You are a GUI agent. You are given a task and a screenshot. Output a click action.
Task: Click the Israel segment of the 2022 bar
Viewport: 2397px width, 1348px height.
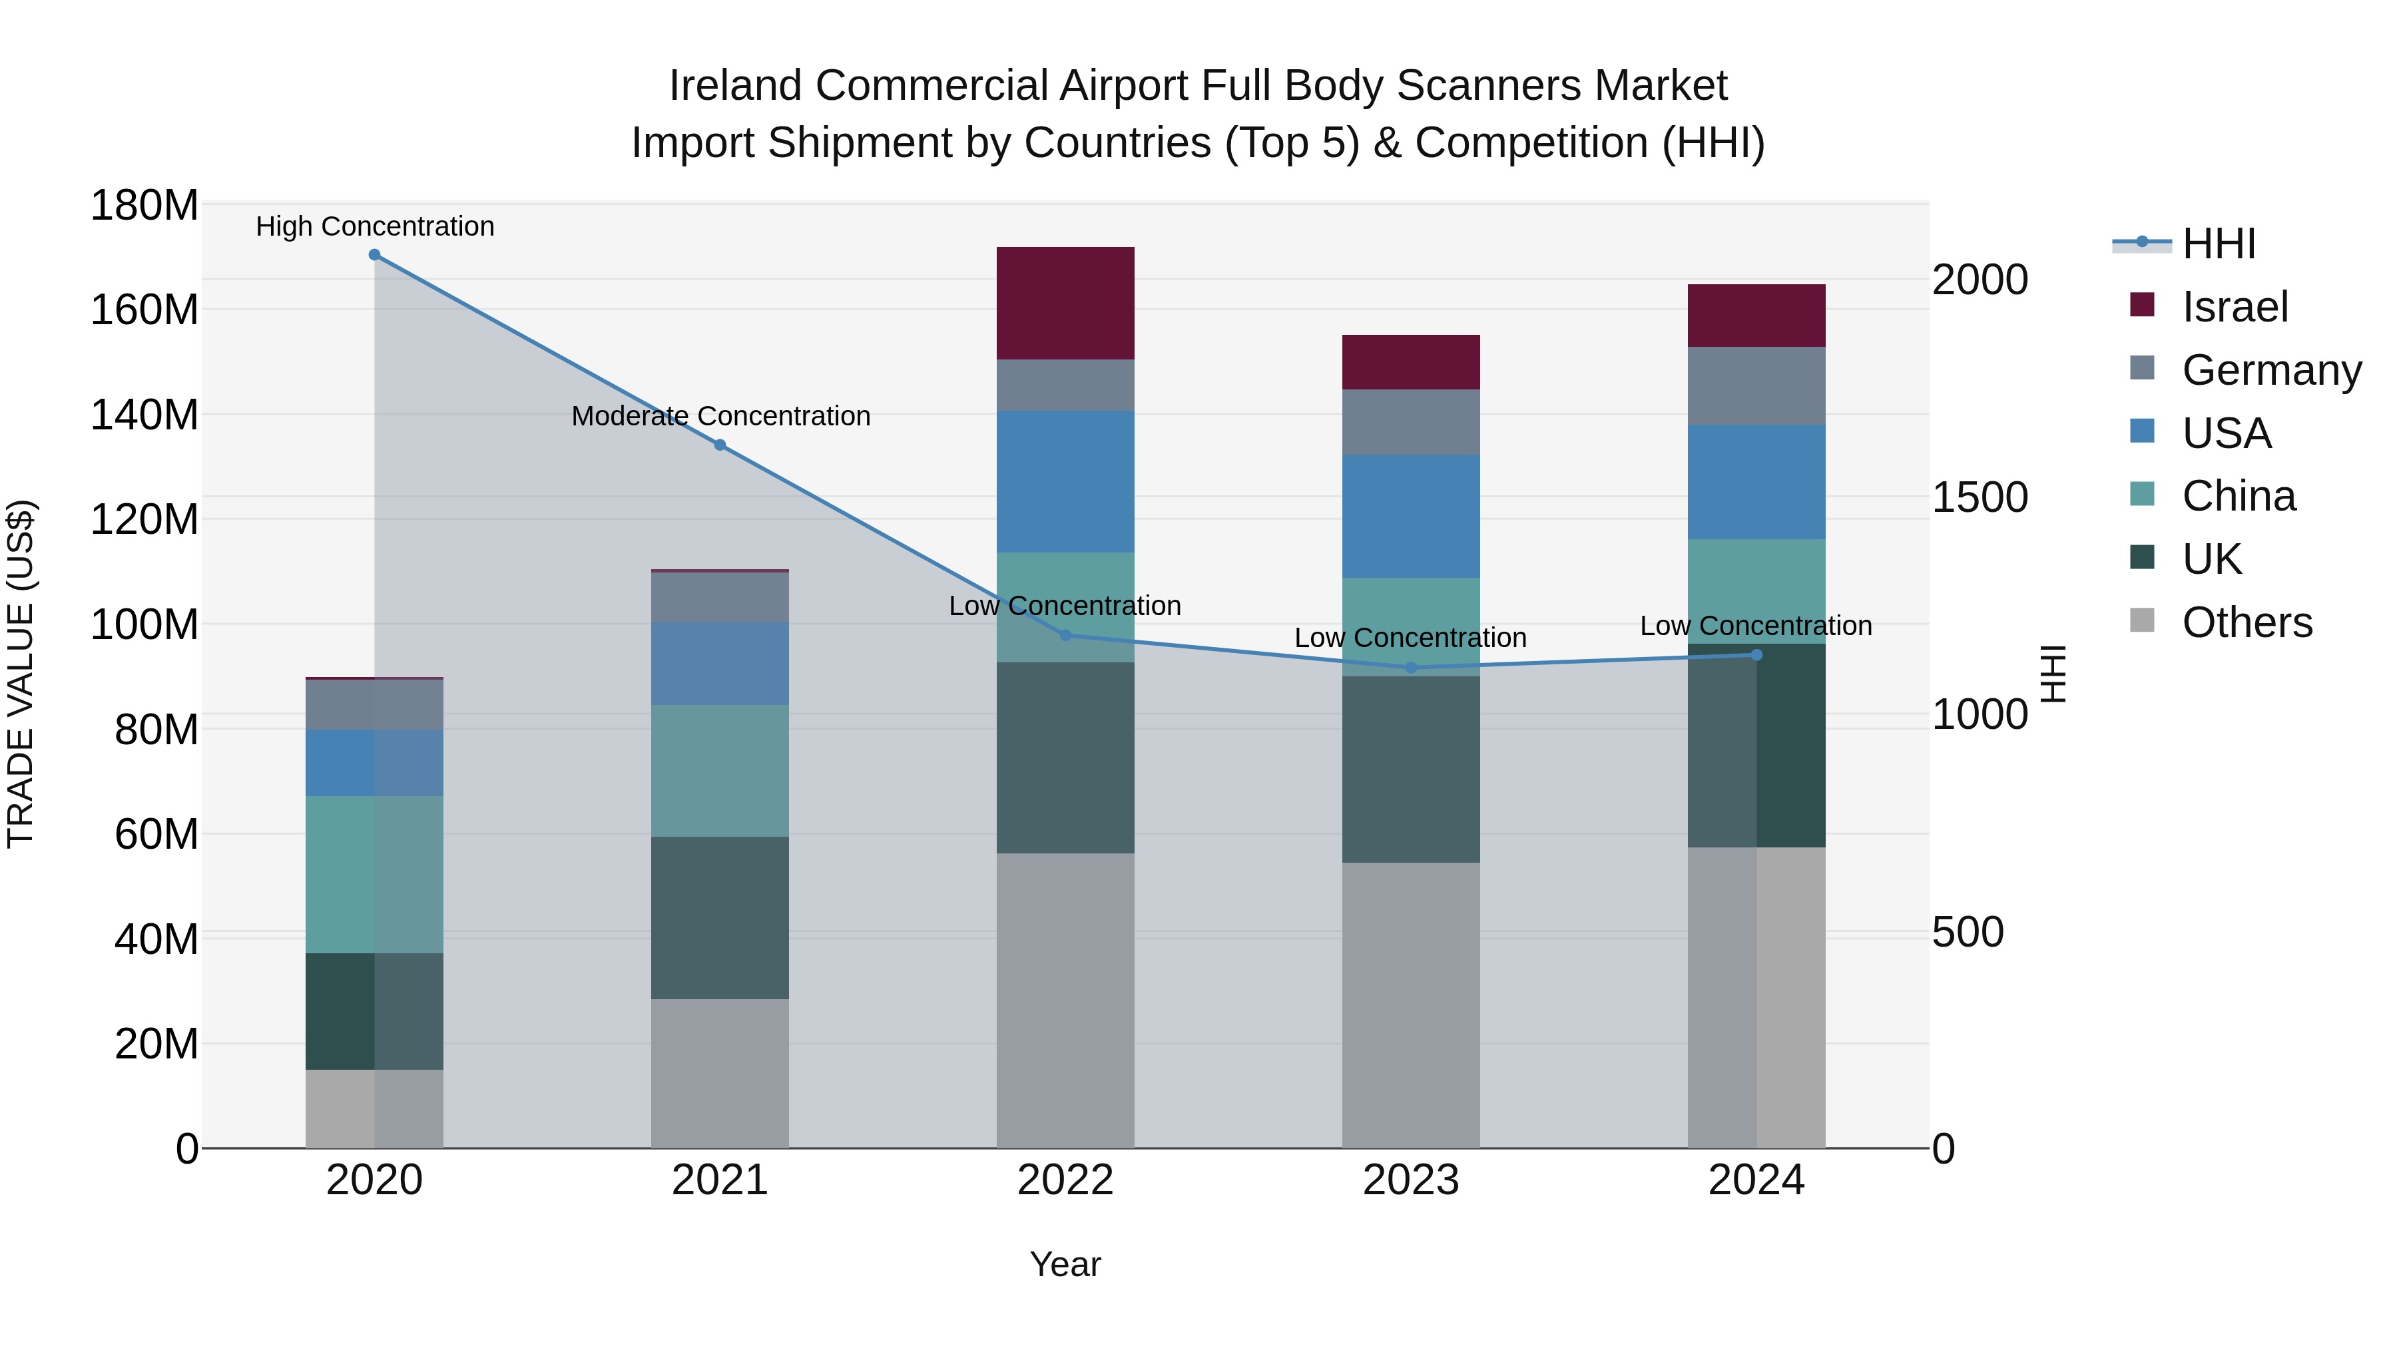[x=1065, y=304]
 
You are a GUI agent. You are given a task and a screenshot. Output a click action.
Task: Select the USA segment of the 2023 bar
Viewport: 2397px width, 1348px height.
[x=1411, y=517]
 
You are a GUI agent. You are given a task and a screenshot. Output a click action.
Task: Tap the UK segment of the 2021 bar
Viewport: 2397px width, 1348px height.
[x=719, y=917]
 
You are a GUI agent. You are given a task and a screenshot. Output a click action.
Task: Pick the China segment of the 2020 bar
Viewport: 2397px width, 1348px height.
[x=374, y=875]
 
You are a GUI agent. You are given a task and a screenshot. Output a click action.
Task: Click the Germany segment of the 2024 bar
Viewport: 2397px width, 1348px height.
[x=1756, y=386]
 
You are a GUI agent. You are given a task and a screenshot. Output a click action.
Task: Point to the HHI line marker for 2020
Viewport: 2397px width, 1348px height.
[x=374, y=255]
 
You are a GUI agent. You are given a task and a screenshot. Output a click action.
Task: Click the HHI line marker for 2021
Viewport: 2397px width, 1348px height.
[x=719, y=445]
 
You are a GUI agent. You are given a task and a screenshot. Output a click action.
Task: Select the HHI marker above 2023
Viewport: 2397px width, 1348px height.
[x=1411, y=668]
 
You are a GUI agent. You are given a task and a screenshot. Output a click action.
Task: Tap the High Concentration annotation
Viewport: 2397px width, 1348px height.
[x=375, y=227]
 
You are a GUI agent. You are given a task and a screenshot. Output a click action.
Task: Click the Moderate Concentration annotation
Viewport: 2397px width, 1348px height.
[x=720, y=416]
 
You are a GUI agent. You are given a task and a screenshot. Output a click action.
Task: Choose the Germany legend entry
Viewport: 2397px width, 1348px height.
[x=2270, y=370]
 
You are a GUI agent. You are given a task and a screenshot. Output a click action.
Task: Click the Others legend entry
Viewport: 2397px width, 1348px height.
[x=2247, y=622]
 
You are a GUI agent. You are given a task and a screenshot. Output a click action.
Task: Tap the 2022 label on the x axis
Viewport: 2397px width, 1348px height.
[x=1065, y=1180]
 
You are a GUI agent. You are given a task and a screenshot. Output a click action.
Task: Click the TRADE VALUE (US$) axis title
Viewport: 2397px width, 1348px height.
[x=21, y=674]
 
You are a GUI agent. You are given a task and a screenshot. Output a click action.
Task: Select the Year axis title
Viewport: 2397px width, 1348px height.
[x=1065, y=1264]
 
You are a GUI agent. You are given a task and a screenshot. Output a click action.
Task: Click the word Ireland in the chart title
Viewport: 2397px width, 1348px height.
[x=735, y=86]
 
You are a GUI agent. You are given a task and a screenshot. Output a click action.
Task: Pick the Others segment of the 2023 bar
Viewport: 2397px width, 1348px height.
[x=1411, y=1005]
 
